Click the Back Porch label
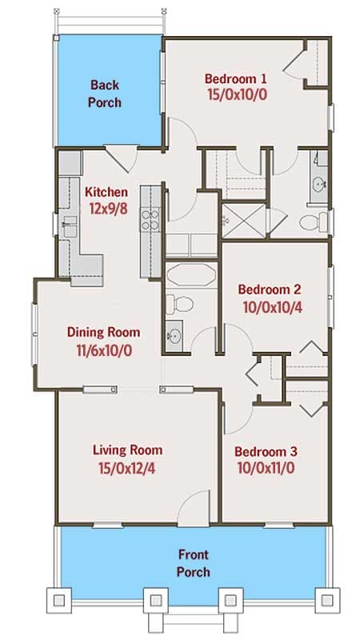click(105, 93)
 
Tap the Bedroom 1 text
click(235, 78)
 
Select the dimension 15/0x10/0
click(235, 94)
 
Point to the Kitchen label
click(106, 192)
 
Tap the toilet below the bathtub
click(180, 305)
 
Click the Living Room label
click(126, 450)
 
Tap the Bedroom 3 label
click(264, 450)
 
